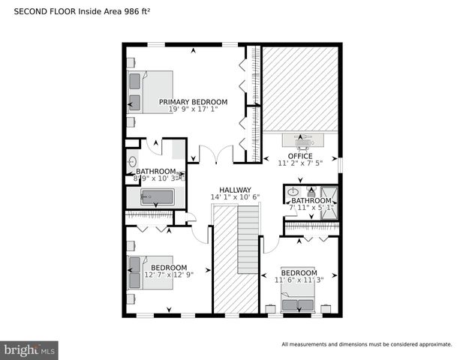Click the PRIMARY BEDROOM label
[193, 102]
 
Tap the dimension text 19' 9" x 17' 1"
[193, 110]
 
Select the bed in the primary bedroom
[150, 92]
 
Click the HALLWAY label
[235, 190]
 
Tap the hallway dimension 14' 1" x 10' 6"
[235, 197]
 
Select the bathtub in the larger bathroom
[158, 197]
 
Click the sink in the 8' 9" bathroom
[133, 161]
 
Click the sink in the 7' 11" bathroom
[293, 192]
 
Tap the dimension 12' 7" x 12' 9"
[169, 275]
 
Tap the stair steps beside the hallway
[248, 240]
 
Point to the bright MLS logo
[30, 350]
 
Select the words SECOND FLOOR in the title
[39, 12]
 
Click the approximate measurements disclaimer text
[366, 344]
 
